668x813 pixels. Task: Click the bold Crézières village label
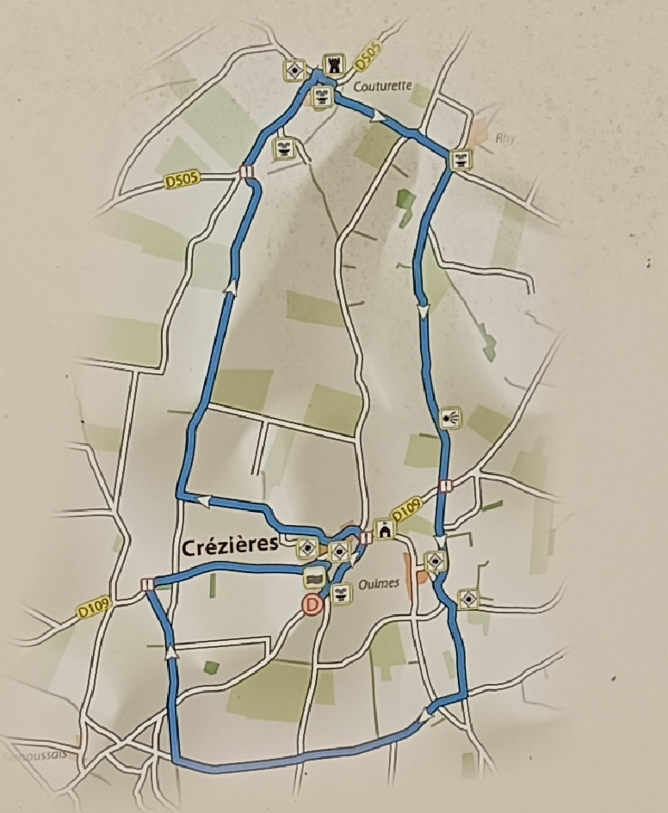[x=230, y=545]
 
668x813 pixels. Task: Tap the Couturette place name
[x=384, y=86]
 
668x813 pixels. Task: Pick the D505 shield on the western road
[x=182, y=181]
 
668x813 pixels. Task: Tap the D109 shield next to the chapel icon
[x=410, y=514]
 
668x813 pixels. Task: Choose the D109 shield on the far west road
[x=95, y=607]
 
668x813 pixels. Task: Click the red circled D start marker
[x=313, y=606]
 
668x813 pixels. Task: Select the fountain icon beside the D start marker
[x=341, y=593]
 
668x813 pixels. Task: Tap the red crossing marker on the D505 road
[x=246, y=171]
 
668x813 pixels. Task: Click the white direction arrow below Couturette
[x=376, y=115]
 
